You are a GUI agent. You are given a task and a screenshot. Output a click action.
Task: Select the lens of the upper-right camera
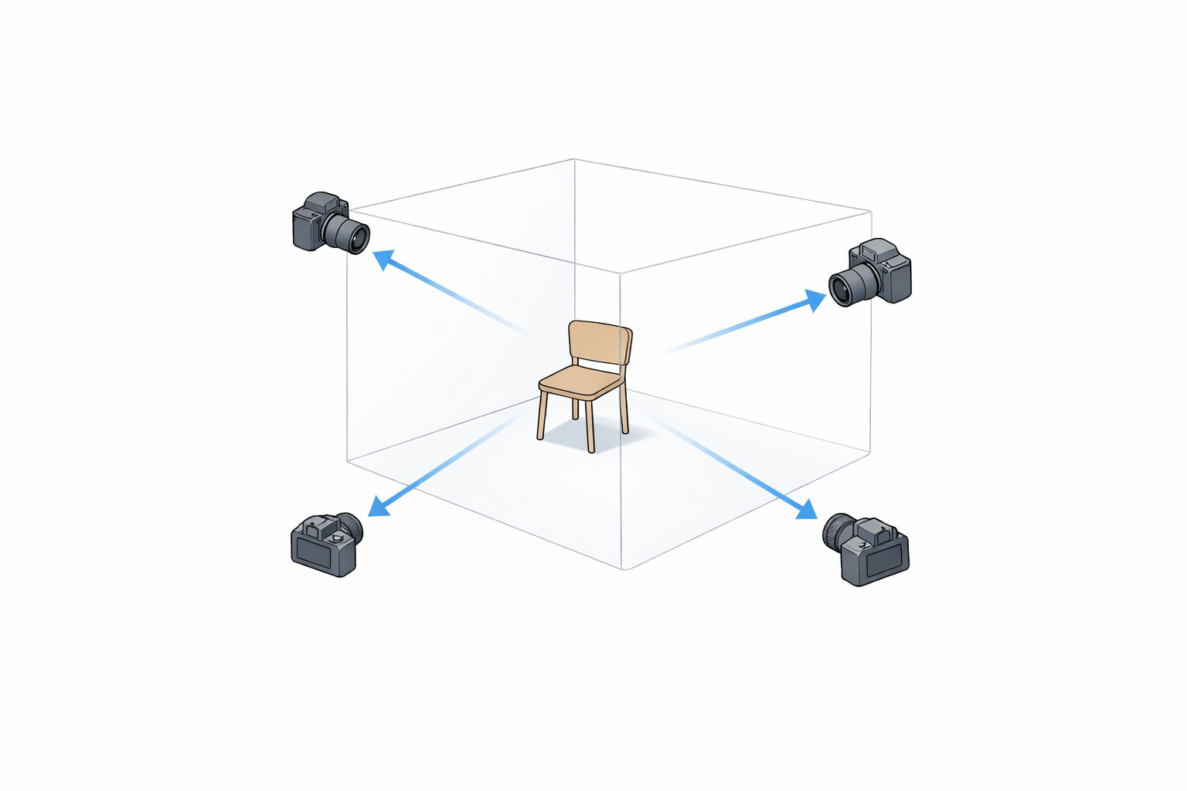(x=843, y=287)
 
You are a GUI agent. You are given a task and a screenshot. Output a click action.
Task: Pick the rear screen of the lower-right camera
(x=886, y=561)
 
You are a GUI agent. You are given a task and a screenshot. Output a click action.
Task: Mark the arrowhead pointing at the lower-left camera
(x=379, y=506)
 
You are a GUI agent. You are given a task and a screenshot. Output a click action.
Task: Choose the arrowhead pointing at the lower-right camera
(x=807, y=510)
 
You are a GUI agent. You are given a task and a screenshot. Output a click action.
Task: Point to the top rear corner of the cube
(x=573, y=160)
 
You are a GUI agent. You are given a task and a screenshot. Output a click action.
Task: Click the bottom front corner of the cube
(x=623, y=569)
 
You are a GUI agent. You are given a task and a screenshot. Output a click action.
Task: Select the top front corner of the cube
(x=621, y=273)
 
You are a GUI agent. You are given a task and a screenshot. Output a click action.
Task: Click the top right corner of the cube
(x=871, y=212)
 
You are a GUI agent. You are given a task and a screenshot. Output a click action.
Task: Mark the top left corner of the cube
(x=349, y=209)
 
